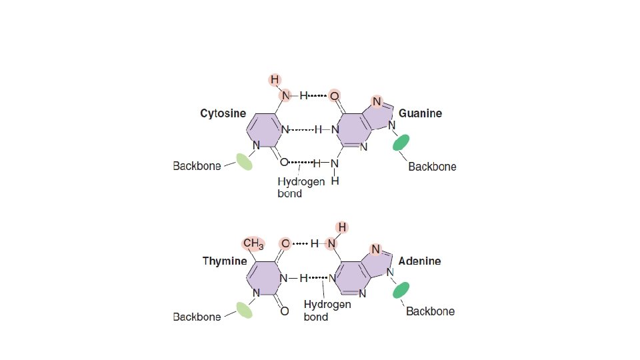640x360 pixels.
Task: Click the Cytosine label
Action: click(x=223, y=114)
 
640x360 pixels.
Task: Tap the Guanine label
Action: click(x=420, y=114)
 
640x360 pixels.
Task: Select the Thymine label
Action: click(x=225, y=261)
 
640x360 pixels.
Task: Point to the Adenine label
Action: click(x=419, y=261)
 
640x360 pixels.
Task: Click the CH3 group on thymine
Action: click(x=253, y=243)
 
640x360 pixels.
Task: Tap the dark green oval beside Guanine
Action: click(x=401, y=143)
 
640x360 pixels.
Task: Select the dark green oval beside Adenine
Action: click(x=401, y=290)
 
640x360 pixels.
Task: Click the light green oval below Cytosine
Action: click(x=244, y=162)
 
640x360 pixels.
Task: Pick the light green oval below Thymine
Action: click(x=244, y=309)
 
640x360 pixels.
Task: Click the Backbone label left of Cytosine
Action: click(x=197, y=166)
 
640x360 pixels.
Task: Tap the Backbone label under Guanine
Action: click(x=432, y=167)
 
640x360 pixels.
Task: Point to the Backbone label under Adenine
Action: click(x=430, y=311)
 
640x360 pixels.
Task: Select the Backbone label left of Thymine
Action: click(x=197, y=317)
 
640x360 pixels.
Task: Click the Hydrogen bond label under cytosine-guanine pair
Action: click(x=301, y=187)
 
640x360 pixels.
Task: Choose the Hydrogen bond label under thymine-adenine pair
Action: click(x=327, y=311)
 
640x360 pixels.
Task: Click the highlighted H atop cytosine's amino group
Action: click(x=275, y=80)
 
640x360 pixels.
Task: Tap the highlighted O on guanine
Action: click(x=335, y=96)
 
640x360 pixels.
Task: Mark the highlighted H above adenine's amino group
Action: click(x=342, y=227)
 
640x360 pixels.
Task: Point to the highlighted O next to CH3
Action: click(x=285, y=244)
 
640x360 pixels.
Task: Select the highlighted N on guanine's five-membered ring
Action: click(x=377, y=102)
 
